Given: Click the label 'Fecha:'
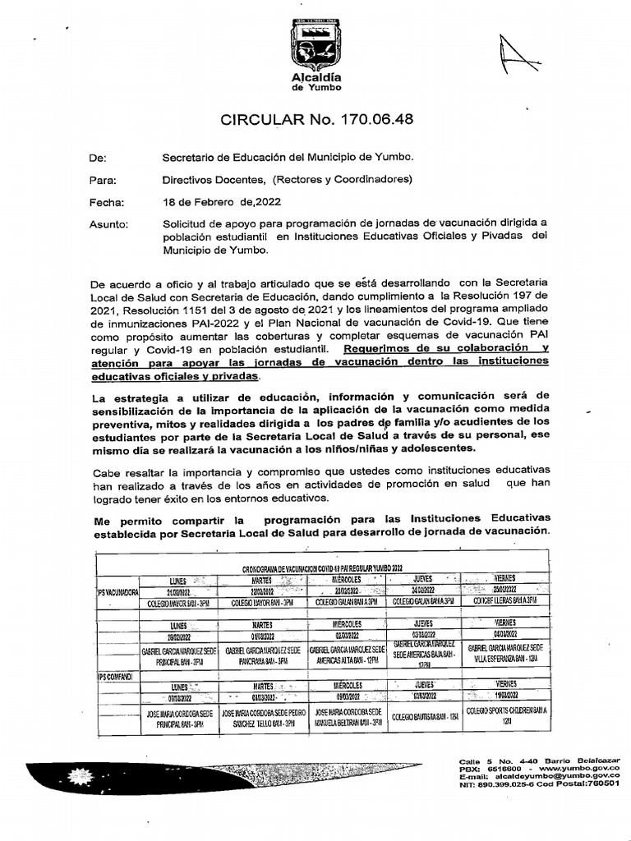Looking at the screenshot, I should (x=105, y=202).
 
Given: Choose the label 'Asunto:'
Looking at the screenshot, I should (x=108, y=224).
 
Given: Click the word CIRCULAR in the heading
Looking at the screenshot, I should (x=267, y=120).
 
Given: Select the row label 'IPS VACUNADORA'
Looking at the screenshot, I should (x=117, y=590).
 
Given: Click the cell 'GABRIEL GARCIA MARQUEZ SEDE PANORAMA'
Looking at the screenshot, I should (x=264, y=655).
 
